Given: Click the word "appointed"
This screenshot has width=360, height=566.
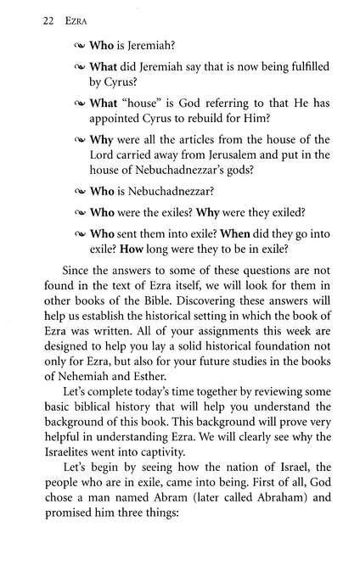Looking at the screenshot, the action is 130,122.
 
